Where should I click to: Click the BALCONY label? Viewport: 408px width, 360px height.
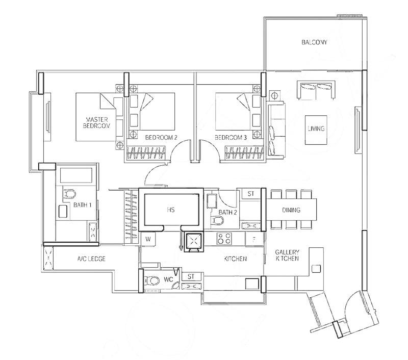pos(314,43)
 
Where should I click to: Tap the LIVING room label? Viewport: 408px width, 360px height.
pos(316,129)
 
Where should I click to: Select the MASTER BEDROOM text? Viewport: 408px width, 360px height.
pos(97,122)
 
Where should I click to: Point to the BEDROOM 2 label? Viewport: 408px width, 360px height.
pos(161,138)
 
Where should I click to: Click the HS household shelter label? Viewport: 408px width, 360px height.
pos(171,210)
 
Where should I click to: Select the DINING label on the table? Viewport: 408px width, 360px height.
pos(291,210)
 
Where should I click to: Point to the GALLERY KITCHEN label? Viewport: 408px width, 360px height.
pos(287,255)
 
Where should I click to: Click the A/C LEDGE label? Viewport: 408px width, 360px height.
pos(91,259)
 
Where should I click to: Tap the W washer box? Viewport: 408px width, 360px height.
pos(148,239)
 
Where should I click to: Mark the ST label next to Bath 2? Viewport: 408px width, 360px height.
pos(250,194)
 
